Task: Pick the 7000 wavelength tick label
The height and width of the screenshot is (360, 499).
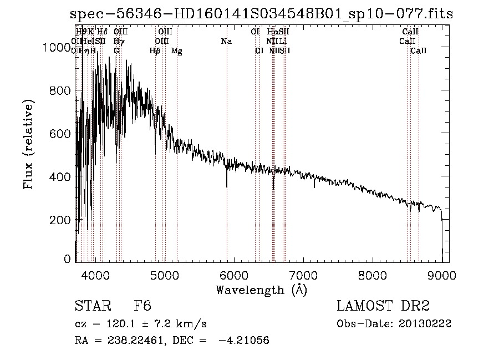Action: pos(303,275)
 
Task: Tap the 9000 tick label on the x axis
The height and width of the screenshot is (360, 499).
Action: pos(441,275)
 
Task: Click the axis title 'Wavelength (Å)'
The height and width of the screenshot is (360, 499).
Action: pos(261,290)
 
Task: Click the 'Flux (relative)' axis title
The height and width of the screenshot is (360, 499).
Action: pos(28,144)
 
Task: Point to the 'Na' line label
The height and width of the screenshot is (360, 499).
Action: pos(226,42)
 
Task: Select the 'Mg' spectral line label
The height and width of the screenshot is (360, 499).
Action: pos(176,51)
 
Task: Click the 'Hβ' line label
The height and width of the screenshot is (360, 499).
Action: pos(155,51)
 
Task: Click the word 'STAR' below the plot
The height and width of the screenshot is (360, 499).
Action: pos(92,306)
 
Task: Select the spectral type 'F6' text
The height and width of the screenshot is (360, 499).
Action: pos(143,306)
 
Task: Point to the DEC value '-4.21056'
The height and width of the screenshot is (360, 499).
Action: pos(244,341)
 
